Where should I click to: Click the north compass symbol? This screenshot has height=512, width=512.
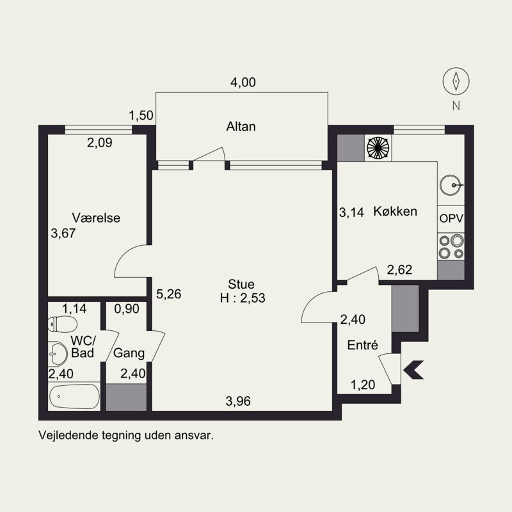coord(456,81)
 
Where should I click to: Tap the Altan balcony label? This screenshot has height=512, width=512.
coord(241,126)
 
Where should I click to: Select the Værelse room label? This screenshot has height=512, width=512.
coord(96,218)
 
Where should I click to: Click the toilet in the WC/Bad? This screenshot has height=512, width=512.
coord(62,324)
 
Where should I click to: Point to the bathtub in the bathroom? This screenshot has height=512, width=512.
coord(74,396)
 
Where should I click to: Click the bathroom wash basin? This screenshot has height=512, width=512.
coord(58,354)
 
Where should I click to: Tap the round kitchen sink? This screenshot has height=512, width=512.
coord(451,185)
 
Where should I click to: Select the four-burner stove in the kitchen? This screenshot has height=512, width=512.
coord(451,246)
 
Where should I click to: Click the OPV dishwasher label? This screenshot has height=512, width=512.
coord(451,218)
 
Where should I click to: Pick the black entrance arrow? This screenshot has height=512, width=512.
coord(413,370)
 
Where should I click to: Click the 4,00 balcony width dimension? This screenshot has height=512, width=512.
coord(243,83)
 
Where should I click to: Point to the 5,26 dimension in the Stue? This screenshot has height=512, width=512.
coord(168,294)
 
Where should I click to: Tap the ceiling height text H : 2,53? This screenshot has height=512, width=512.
coord(243,298)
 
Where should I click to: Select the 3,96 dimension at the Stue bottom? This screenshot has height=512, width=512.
coord(238,401)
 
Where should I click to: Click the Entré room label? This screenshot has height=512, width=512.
coord(362,345)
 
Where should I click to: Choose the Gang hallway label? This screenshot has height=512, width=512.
coord(129,353)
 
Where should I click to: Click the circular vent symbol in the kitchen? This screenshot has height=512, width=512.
coord(378,148)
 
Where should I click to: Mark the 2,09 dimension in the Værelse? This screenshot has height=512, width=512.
coord(100,142)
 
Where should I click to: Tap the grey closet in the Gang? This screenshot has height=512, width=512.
coord(126,397)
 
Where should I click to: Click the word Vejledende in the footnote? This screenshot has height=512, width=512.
coord(68,436)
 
